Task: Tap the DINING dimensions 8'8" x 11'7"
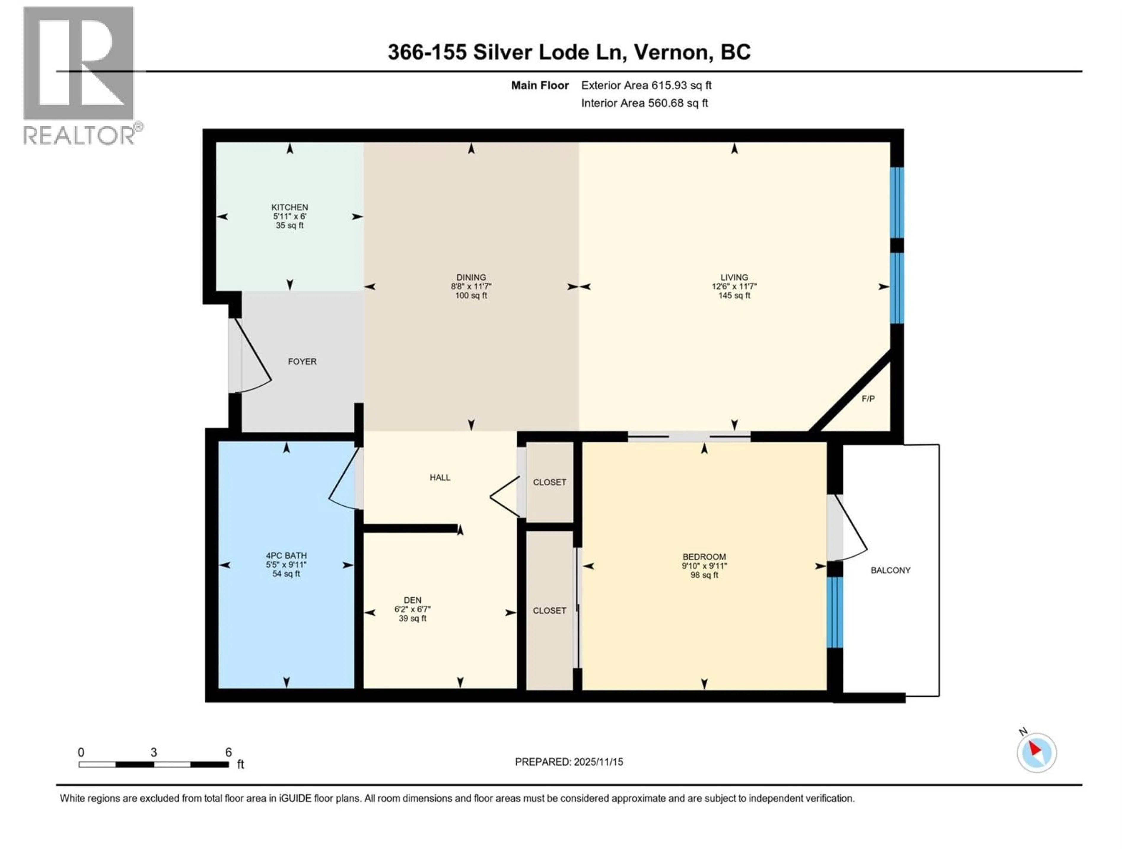[471, 286]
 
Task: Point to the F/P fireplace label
[868, 399]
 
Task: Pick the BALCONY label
[890, 570]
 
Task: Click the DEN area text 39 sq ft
[413, 618]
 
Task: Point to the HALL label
[440, 477]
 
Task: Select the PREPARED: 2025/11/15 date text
[569, 762]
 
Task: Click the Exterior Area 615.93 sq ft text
[646, 85]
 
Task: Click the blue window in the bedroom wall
[835, 612]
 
